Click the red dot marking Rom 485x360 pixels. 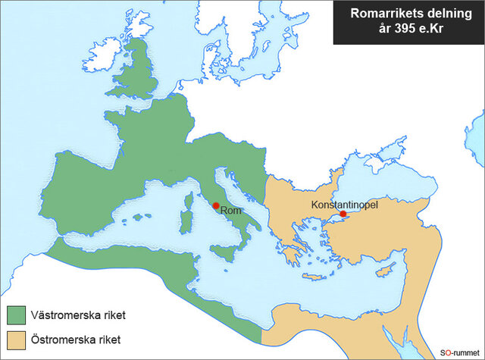216,205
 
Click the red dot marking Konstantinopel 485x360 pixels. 343,214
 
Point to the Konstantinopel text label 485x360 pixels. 344,204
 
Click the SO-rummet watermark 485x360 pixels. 459,352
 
